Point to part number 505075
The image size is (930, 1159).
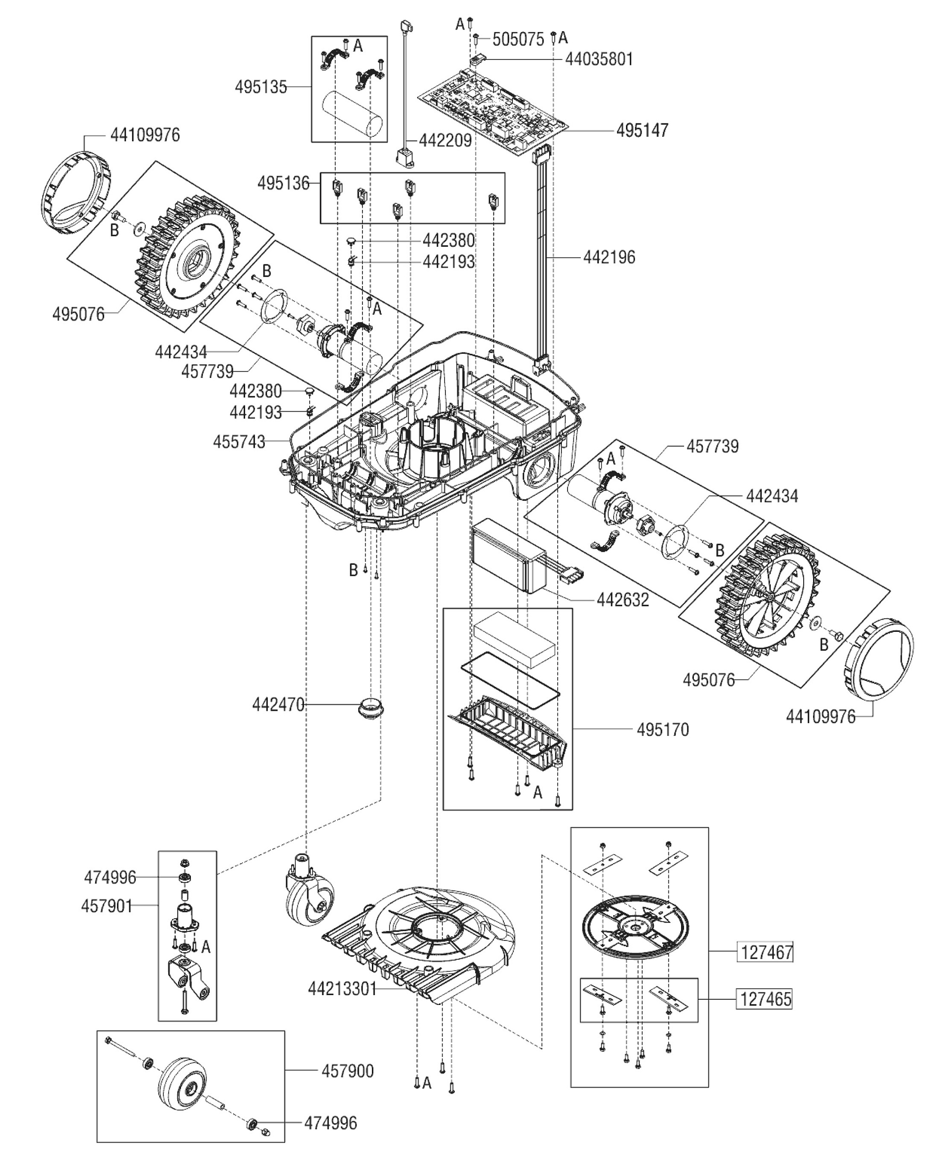(518, 39)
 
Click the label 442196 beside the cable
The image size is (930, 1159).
(609, 258)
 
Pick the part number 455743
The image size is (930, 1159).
(239, 442)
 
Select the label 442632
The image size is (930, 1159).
(623, 600)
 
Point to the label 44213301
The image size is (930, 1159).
(343, 988)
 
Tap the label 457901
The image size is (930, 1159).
(107, 906)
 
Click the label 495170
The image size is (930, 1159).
(663, 729)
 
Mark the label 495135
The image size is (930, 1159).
(261, 87)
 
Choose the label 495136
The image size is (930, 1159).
(283, 183)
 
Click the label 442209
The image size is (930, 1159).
(445, 140)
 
